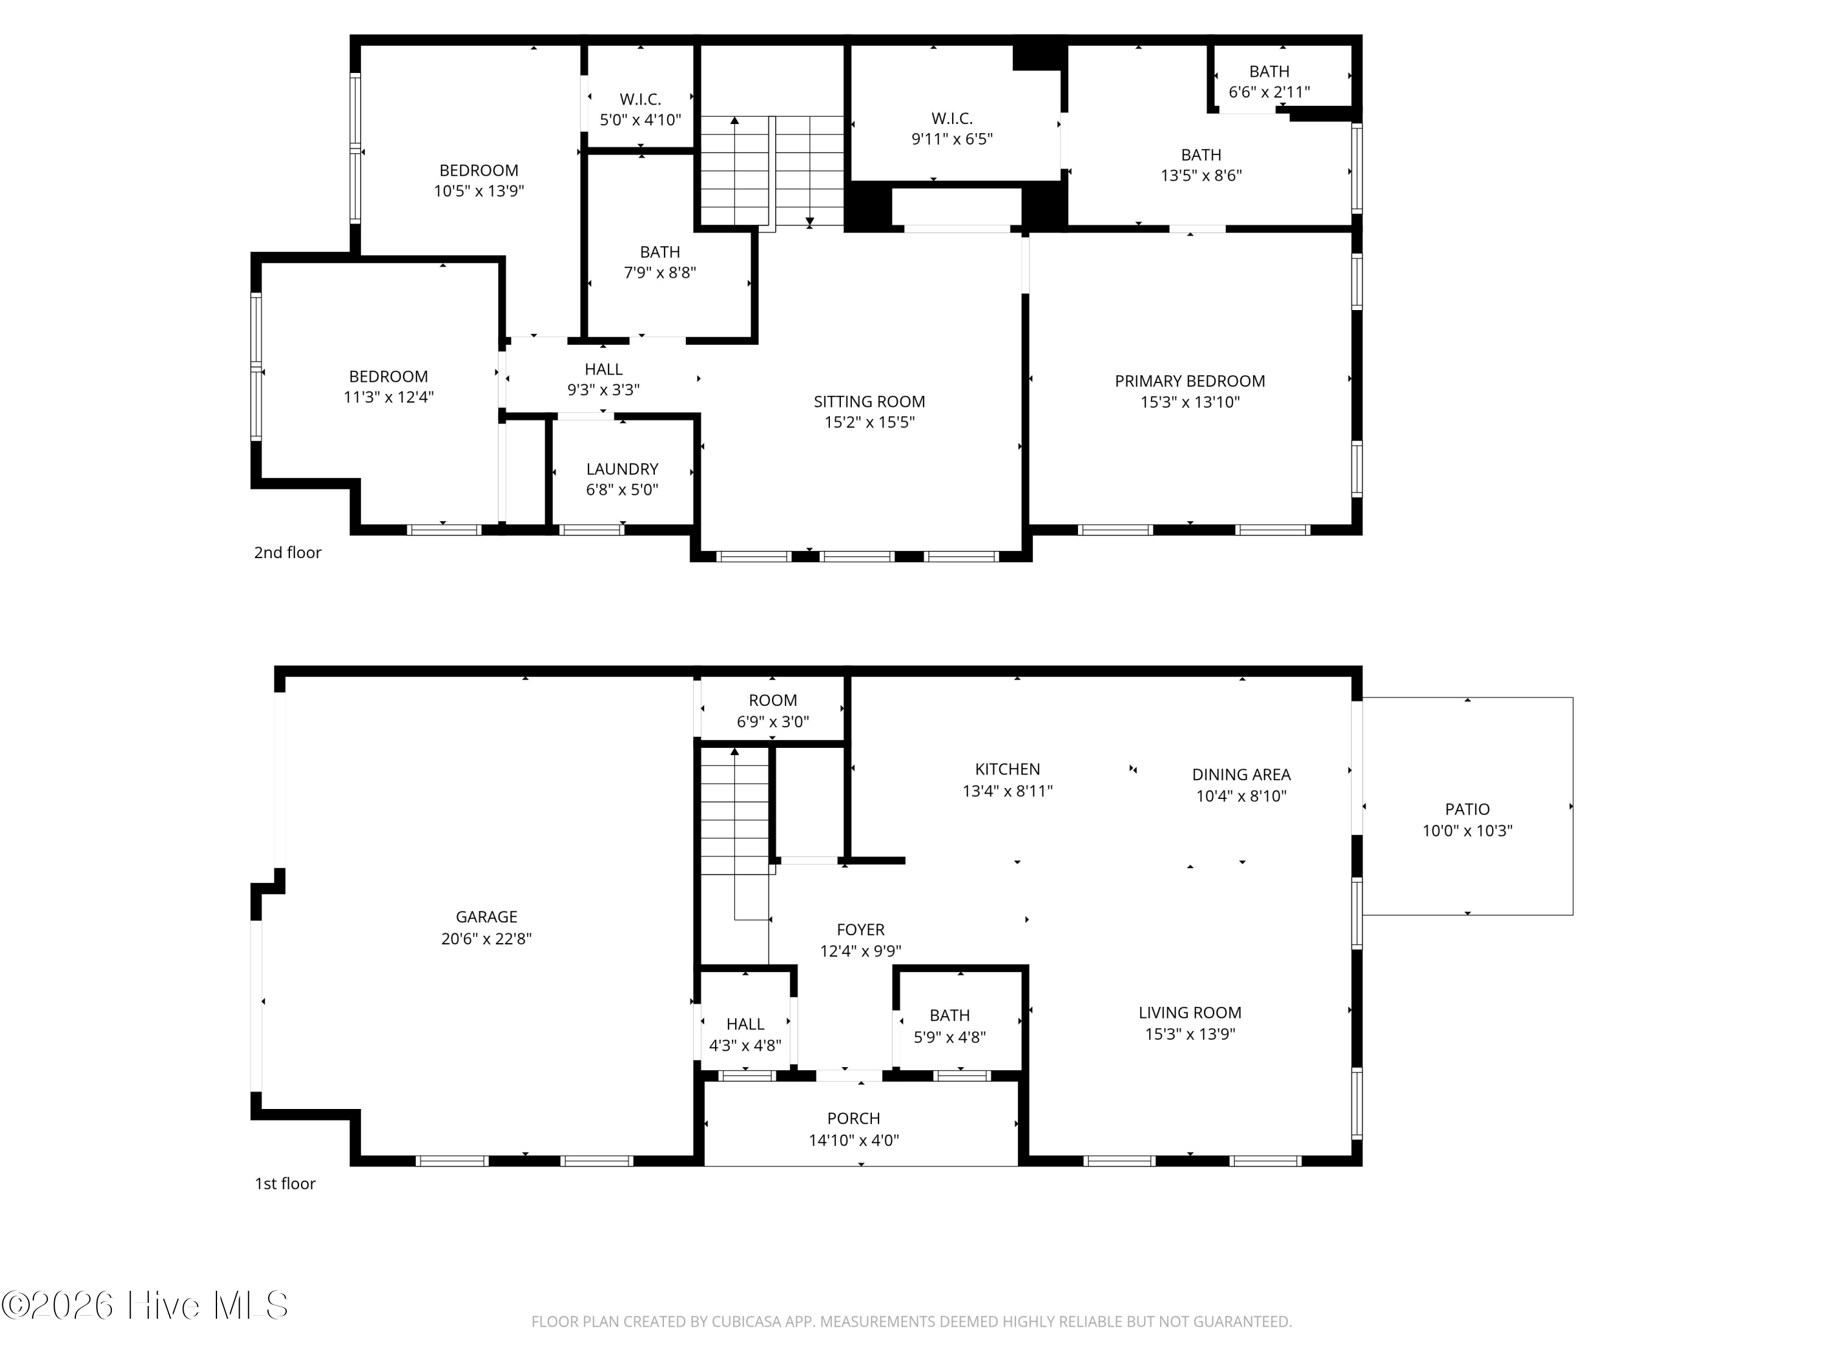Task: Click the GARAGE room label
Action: click(x=486, y=916)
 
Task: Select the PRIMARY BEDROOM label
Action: click(x=1189, y=381)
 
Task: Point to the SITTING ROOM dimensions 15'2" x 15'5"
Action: click(x=869, y=422)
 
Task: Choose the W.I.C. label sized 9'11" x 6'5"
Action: click(x=952, y=118)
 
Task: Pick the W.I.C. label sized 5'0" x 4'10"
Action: click(x=640, y=99)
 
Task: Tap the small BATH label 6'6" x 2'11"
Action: click(x=1269, y=72)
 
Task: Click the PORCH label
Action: click(x=854, y=1118)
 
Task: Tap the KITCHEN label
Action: click(x=1007, y=769)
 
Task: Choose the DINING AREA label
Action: click(x=1241, y=775)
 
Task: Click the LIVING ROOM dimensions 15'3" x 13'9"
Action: click(x=1189, y=1034)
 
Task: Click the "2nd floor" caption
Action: click(x=287, y=553)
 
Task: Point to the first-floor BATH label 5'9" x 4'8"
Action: click(x=949, y=1015)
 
